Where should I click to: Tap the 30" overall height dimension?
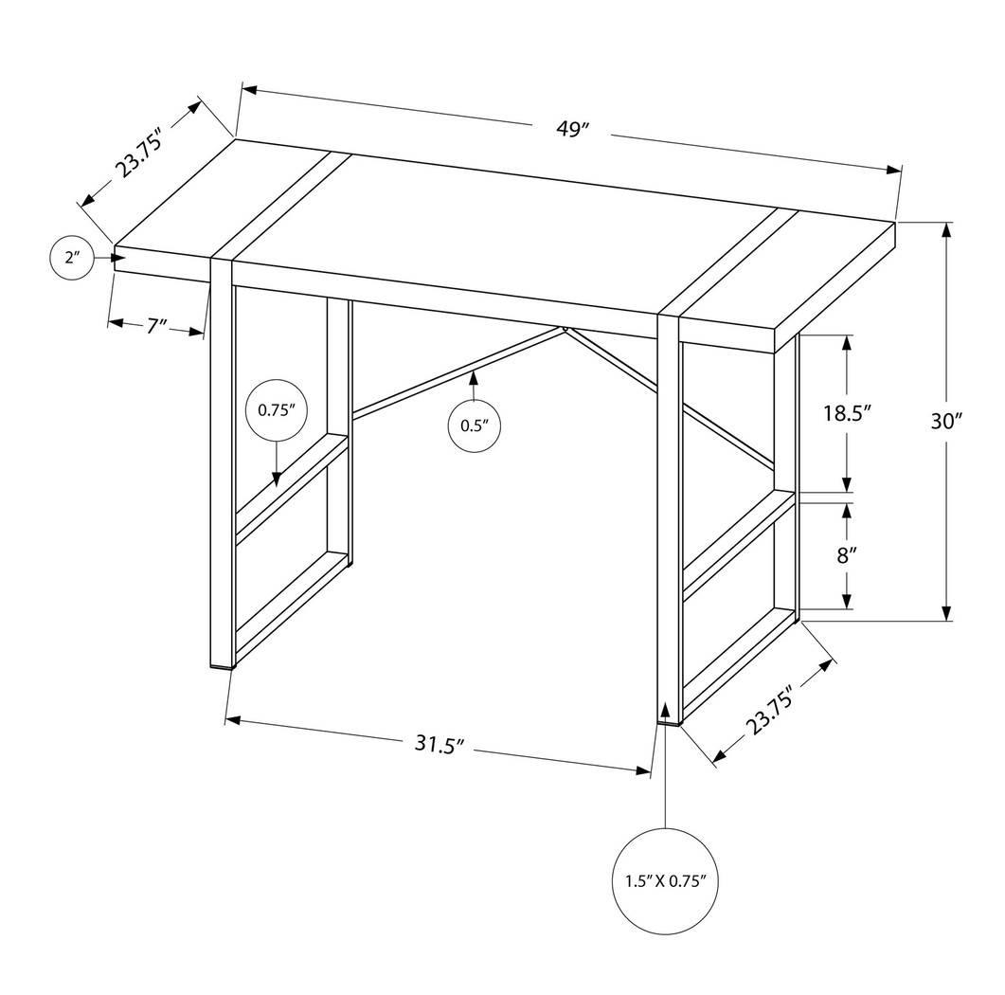[x=945, y=422]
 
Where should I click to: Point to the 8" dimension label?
[x=846, y=556]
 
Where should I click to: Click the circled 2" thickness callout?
[x=70, y=257]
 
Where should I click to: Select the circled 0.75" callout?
[x=277, y=411]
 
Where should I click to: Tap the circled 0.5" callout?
[x=474, y=425]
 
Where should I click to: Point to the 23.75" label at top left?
[x=140, y=153]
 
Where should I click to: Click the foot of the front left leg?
[x=222, y=665]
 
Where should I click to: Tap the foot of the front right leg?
[x=669, y=721]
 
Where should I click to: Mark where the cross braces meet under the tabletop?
[x=565, y=329]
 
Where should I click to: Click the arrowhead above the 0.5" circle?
[x=474, y=379]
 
